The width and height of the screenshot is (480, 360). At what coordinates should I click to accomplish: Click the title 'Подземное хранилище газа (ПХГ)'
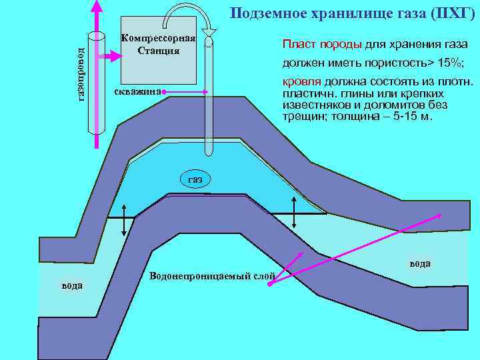[x=352, y=13]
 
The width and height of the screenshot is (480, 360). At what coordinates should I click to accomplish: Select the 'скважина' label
[x=137, y=91]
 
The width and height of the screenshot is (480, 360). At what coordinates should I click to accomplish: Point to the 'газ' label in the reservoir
[x=195, y=179]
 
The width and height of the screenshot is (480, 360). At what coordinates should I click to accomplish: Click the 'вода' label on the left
[x=72, y=285]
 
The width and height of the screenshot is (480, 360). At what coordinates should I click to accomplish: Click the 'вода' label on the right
[x=420, y=263]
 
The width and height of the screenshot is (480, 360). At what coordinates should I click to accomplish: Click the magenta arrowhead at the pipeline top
[x=97, y=7]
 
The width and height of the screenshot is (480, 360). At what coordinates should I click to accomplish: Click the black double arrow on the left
[x=124, y=227]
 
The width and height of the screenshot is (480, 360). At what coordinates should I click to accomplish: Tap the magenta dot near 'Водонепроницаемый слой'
[x=270, y=285]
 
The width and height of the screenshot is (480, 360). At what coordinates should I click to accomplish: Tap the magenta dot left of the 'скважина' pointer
[x=163, y=91]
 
